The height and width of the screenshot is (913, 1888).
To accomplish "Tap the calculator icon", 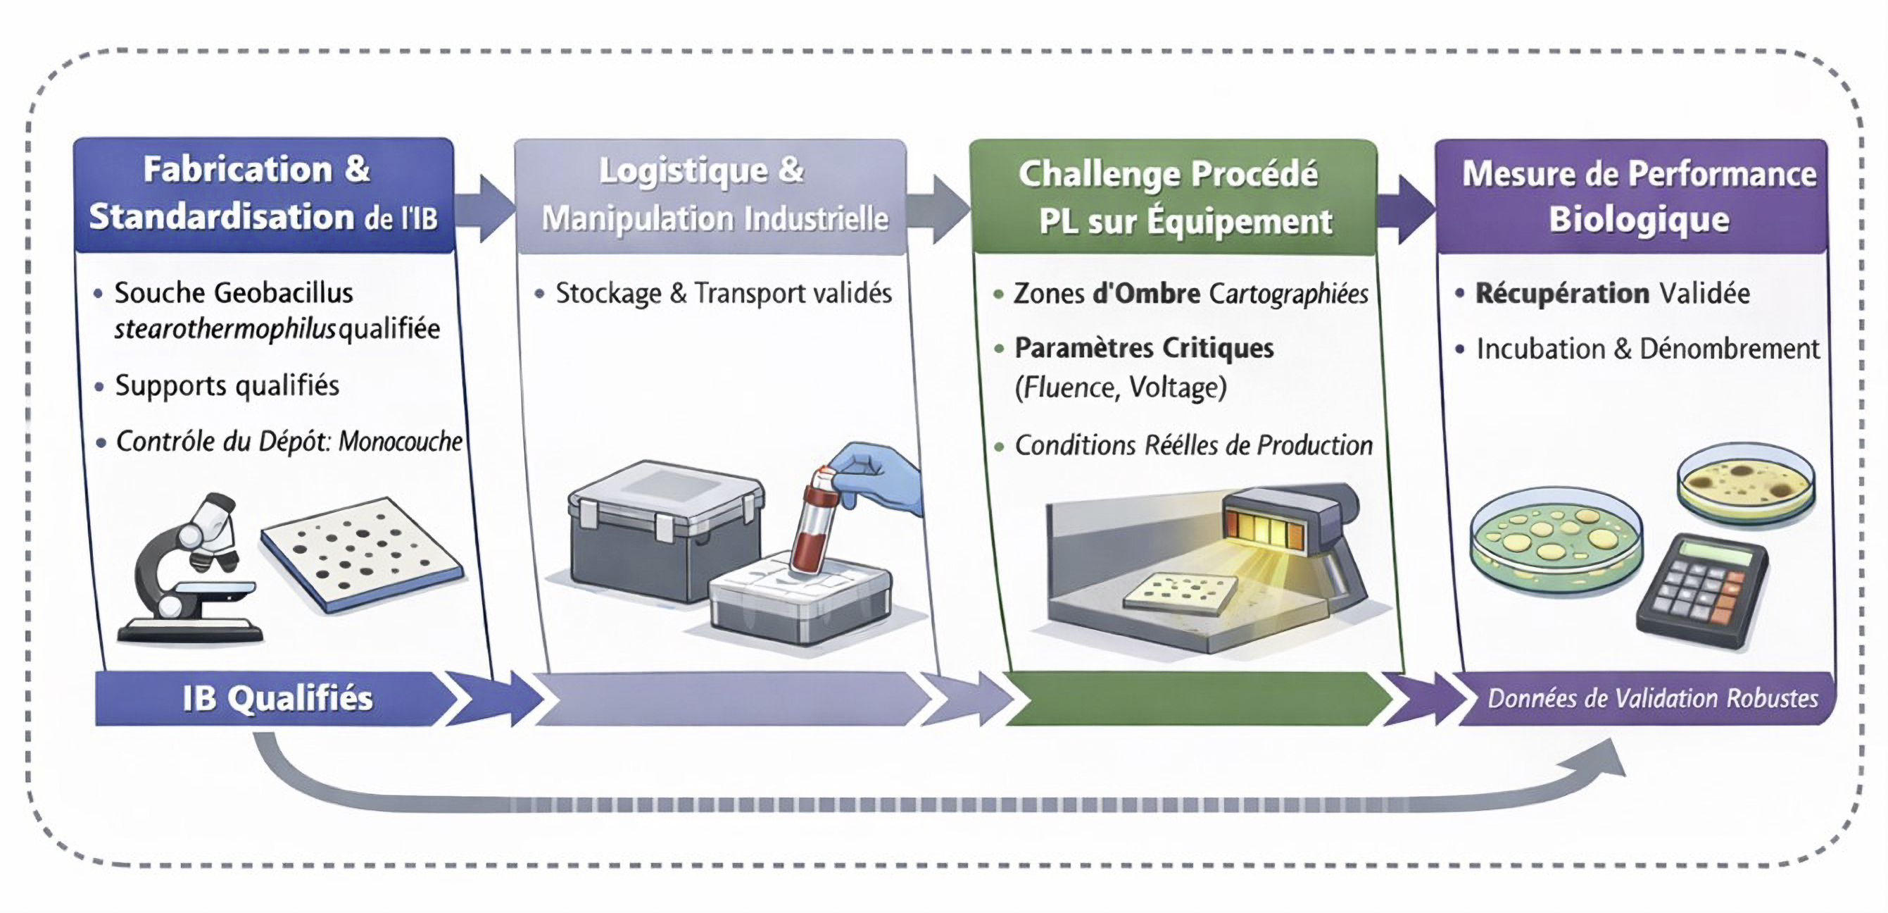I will tap(1702, 591).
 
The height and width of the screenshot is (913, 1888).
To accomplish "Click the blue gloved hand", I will tap(879, 477).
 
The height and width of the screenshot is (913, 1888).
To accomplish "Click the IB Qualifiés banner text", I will tap(277, 698).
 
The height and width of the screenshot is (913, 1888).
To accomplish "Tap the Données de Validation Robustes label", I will tap(1652, 698).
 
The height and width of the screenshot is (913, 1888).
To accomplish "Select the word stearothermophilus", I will tap(225, 329).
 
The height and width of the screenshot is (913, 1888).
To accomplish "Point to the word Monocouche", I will tap(400, 442).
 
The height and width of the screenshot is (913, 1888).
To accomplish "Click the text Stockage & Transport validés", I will tap(723, 293).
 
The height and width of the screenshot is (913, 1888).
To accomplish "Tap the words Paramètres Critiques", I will tap(1143, 347).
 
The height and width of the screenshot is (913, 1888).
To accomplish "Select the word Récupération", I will tap(1562, 293).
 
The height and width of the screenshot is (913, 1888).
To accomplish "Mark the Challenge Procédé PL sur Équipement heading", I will tap(1173, 197).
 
